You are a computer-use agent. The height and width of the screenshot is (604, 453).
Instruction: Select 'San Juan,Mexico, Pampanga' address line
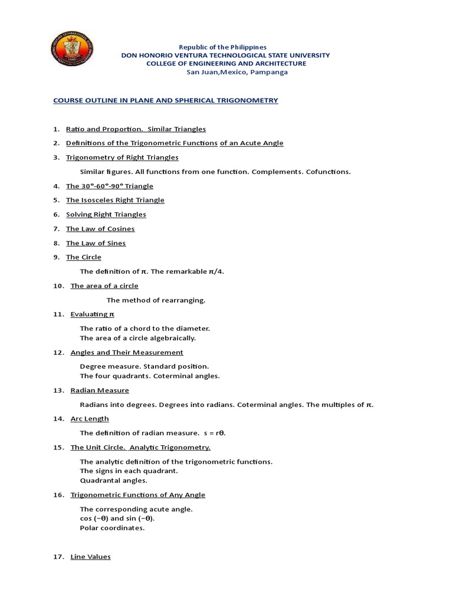click(226, 72)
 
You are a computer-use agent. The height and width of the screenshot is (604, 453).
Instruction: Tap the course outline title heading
click(165, 100)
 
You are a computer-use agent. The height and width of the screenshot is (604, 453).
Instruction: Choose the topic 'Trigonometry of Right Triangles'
click(122, 157)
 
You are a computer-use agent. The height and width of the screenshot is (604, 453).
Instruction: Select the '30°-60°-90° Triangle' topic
click(109, 186)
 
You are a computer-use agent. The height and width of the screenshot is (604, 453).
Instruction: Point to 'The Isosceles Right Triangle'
click(115, 200)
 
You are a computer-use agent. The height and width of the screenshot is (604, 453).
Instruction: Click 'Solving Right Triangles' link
click(106, 214)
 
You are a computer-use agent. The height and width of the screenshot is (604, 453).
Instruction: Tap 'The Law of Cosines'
click(100, 228)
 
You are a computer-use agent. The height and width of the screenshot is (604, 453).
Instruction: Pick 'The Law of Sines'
click(96, 243)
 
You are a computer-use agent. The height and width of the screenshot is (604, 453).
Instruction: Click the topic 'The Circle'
click(84, 257)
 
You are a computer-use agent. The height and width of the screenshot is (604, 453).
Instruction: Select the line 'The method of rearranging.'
click(156, 300)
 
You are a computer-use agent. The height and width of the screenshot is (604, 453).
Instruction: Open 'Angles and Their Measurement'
click(127, 352)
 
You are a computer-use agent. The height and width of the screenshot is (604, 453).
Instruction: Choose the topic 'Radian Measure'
click(100, 390)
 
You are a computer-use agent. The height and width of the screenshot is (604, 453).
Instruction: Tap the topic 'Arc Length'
click(90, 418)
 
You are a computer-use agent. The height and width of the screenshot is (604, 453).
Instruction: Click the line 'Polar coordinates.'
click(112, 528)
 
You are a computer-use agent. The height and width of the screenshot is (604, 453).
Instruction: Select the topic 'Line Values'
click(90, 556)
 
